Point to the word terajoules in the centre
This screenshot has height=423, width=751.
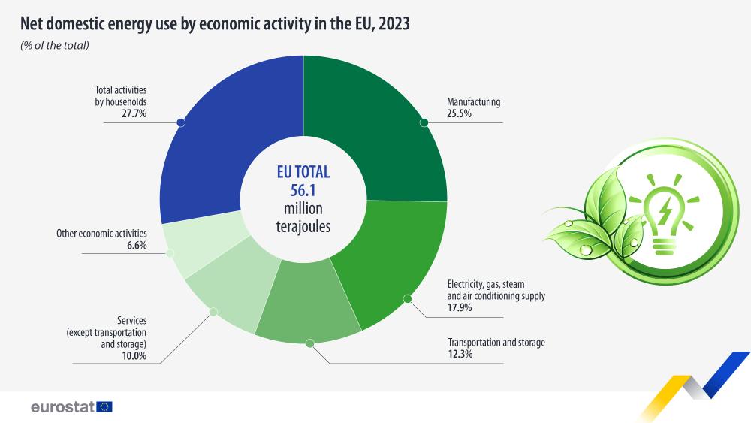[x=303, y=225]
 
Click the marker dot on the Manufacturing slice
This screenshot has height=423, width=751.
[x=424, y=121]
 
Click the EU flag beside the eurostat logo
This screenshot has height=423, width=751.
[x=104, y=406]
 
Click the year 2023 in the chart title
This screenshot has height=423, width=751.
[x=391, y=24]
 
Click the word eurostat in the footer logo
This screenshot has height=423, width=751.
[x=62, y=406]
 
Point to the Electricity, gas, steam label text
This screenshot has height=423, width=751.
[x=485, y=284]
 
